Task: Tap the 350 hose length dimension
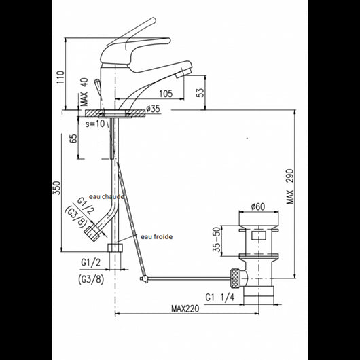(x=58, y=187)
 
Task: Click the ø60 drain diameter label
(x=257, y=206)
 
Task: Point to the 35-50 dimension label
(x=217, y=240)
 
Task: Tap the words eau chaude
(x=106, y=196)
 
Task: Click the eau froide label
(x=157, y=237)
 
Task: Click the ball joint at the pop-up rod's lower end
(x=144, y=279)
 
